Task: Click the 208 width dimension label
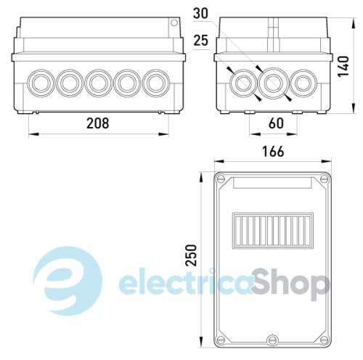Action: (98, 123)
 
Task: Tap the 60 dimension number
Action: (276, 123)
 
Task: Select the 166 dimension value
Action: (273, 152)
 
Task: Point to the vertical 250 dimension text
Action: (191, 255)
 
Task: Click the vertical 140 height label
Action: (343, 67)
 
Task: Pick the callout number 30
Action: (200, 14)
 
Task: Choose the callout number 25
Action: (201, 41)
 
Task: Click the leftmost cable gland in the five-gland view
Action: (41, 83)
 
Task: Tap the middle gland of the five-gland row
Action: (98, 83)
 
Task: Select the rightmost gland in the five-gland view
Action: (156, 83)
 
